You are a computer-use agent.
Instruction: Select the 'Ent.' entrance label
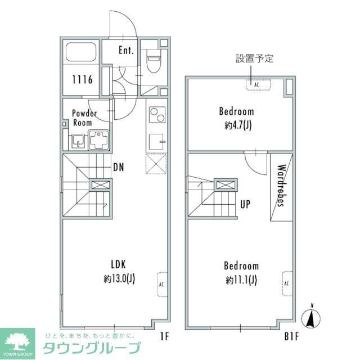pyautogui.click(x=126, y=50)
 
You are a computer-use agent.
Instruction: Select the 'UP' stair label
pyautogui.click(x=245, y=205)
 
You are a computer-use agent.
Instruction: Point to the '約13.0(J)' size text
pyautogui.click(x=118, y=278)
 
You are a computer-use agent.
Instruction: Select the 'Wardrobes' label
pyautogui.click(x=282, y=186)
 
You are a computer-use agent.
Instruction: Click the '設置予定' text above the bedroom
pyautogui.click(x=254, y=58)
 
